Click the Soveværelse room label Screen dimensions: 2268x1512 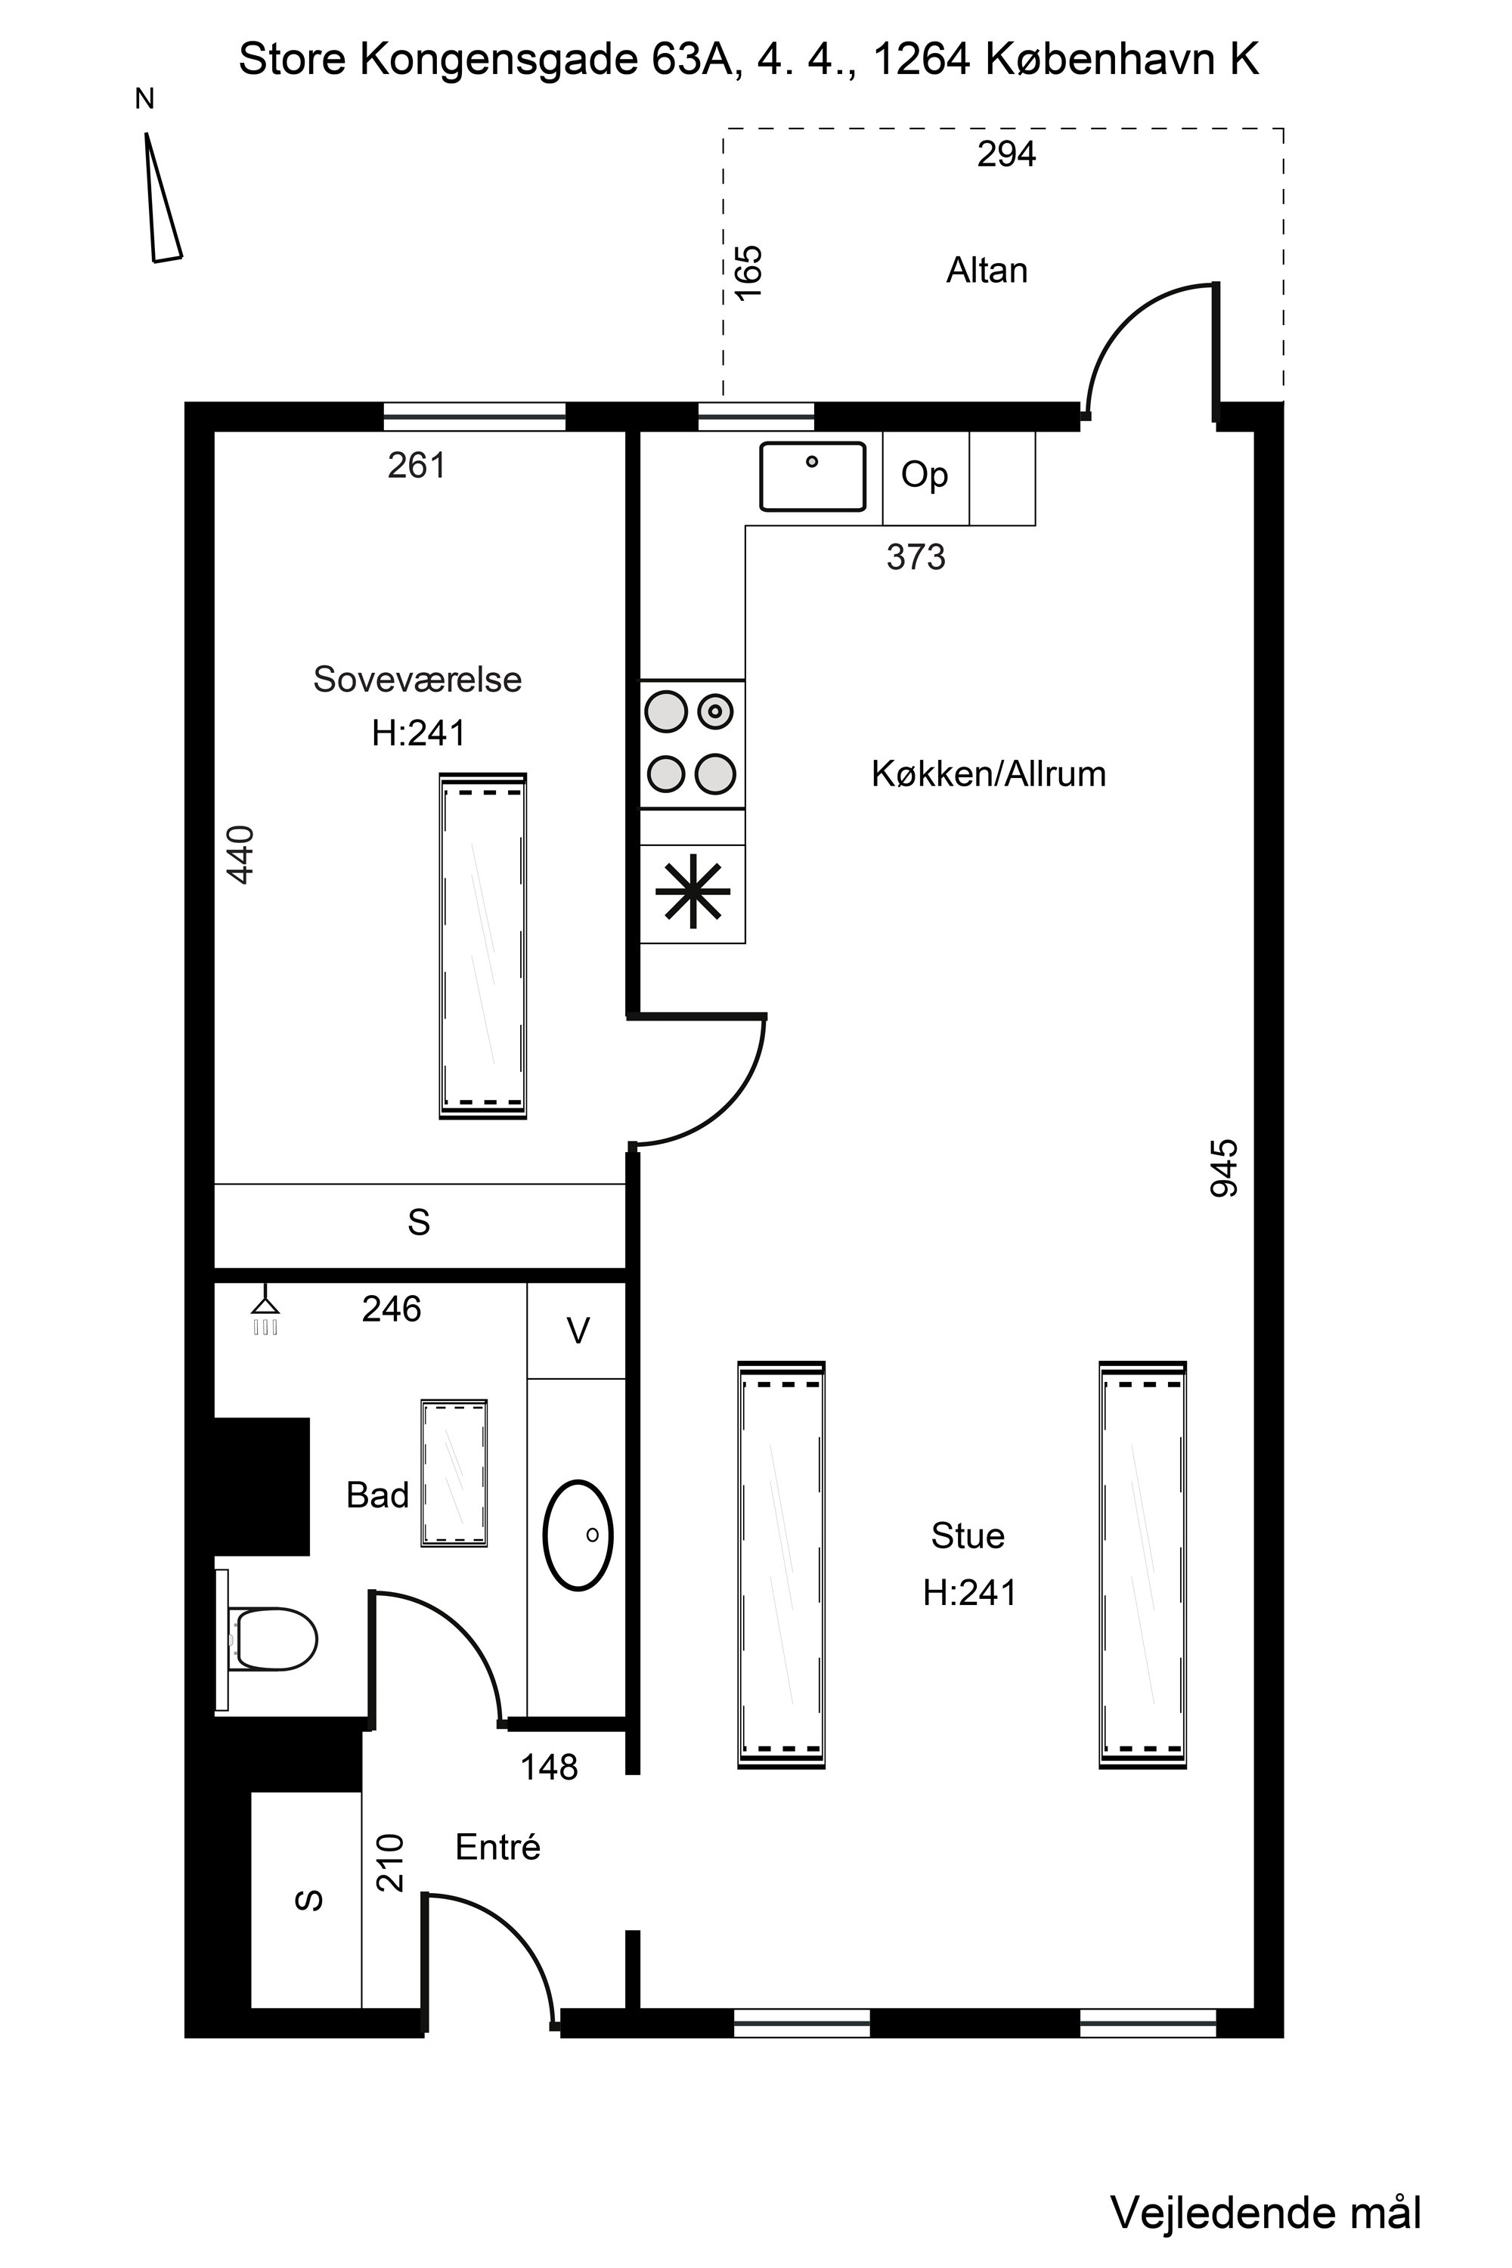417,680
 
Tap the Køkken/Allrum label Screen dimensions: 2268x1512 987,774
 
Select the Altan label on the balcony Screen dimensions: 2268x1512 987,271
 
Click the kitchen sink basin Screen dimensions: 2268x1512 812,476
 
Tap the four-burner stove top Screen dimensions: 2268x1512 692,743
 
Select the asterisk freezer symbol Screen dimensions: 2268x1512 692,892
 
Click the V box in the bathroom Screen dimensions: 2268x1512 577,1331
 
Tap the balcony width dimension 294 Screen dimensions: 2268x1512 1005,154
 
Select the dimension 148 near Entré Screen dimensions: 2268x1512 549,1768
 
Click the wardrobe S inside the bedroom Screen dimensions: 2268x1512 419,1222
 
